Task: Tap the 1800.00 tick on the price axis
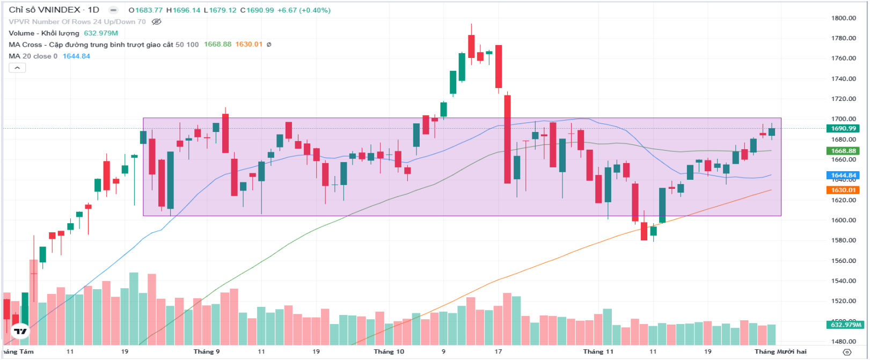pyautogui.click(x=843, y=18)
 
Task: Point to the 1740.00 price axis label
pyautogui.click(x=843, y=78)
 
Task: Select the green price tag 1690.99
pyautogui.click(x=843, y=128)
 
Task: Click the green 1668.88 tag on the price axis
pyautogui.click(x=843, y=151)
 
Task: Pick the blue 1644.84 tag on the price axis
pyautogui.click(x=843, y=175)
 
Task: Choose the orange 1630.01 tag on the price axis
pyautogui.click(x=843, y=190)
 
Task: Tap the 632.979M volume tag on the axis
pyautogui.click(x=846, y=325)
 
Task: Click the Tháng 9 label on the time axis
pyautogui.click(x=207, y=351)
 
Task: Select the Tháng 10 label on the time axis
pyautogui.click(x=389, y=351)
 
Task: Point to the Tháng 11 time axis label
pyautogui.click(x=598, y=351)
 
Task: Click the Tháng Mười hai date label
pyautogui.click(x=780, y=351)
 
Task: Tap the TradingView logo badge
pyautogui.click(x=20, y=331)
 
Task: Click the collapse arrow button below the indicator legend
pyautogui.click(x=17, y=68)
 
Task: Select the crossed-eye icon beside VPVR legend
pyautogui.click(x=157, y=22)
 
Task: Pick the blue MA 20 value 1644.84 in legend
pyautogui.click(x=76, y=56)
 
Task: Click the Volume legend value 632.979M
pyautogui.click(x=101, y=33)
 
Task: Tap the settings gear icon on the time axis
pyautogui.click(x=847, y=352)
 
